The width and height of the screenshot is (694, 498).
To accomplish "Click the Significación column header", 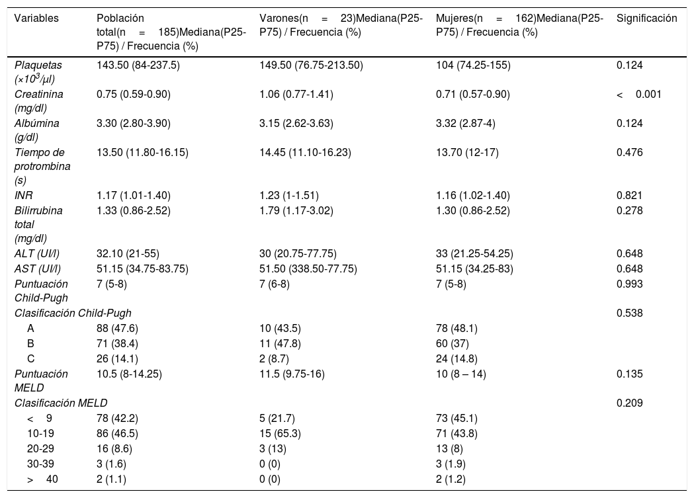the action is [646, 18].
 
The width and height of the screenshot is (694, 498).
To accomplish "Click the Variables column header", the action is [36, 18].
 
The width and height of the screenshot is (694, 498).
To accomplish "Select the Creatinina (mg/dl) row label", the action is [38, 101].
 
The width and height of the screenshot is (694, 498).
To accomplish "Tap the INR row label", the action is [23, 196].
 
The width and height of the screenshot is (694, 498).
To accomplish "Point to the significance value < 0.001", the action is [638, 94].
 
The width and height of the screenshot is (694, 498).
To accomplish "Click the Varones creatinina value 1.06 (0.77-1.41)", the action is [296, 94].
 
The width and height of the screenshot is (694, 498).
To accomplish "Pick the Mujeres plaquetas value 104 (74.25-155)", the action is [473, 65].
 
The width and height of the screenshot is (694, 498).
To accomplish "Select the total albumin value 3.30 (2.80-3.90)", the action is [133, 124].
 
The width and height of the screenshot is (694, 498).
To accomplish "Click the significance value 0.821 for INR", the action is [629, 196].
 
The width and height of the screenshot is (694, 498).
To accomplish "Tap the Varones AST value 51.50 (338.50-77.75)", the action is [308, 269].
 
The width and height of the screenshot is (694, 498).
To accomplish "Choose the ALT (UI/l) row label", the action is [37, 254].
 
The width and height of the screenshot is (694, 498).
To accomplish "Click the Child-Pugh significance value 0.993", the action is [629, 284].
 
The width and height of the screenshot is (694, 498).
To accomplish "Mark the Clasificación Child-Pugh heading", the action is [73, 313].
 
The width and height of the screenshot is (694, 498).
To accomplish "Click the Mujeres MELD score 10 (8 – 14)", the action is [460, 374].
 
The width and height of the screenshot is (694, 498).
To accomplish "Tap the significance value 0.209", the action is [629, 403].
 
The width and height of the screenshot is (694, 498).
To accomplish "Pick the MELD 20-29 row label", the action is [40, 448].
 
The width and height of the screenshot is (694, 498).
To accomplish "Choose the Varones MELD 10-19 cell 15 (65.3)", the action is [280, 433].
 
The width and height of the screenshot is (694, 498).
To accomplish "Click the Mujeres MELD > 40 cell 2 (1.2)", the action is [451, 479].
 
